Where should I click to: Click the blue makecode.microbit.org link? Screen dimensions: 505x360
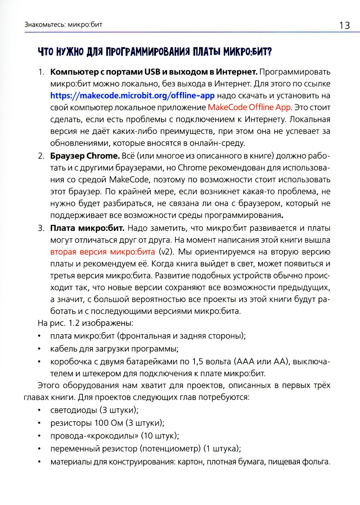tap(132, 96)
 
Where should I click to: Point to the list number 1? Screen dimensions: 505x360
tap(41, 72)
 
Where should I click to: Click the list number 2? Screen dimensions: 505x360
tap(41, 156)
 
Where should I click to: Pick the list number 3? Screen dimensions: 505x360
tap(41, 228)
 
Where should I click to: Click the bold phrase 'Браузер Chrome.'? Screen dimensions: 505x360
tap(85, 156)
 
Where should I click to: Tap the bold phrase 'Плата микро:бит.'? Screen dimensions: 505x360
tap(87, 228)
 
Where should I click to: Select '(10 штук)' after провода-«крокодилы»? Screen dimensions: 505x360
tap(160, 436)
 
